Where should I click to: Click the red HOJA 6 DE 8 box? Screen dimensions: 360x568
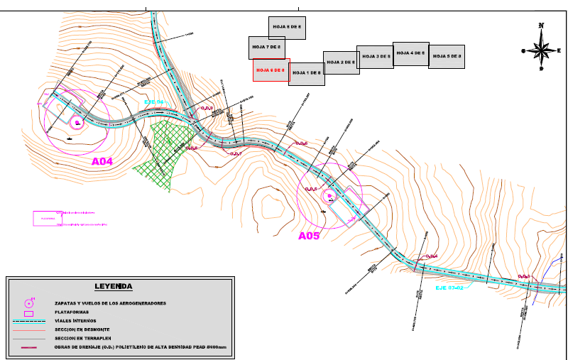click(271, 70)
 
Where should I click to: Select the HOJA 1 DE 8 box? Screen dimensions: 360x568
click(307, 73)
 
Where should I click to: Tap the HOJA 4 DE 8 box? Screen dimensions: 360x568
click(410, 53)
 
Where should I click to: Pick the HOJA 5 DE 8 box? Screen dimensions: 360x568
click(447, 56)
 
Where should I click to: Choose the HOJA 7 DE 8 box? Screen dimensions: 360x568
click(267, 47)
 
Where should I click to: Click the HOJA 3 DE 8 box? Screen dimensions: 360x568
click(374, 56)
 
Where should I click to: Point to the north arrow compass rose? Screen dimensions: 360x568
click(542, 50)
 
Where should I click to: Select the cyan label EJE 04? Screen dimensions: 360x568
click(153, 102)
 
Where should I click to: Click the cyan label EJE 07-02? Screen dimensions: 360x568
click(449, 288)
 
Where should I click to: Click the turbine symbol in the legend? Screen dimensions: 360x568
click(29, 303)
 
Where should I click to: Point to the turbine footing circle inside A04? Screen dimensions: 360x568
click(76, 123)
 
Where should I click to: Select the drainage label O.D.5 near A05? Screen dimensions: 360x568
click(311, 189)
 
